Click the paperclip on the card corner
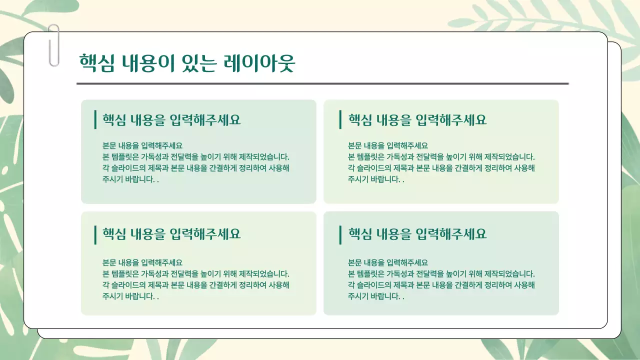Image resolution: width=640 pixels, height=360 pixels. (x=53, y=46)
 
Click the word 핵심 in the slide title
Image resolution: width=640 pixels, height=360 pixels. (x=97, y=63)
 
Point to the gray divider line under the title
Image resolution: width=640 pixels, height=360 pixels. (x=322, y=83)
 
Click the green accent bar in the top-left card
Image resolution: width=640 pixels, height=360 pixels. (x=95, y=119)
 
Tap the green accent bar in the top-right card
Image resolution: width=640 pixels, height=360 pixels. (x=340, y=119)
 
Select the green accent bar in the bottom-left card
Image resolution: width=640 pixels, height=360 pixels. (x=95, y=235)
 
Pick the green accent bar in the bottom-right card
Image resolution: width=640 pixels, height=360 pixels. (x=340, y=235)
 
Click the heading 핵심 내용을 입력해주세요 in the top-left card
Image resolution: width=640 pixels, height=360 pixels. (x=171, y=120)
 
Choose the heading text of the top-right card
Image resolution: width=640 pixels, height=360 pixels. (x=417, y=120)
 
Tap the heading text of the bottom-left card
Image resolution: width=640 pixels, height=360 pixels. (x=171, y=234)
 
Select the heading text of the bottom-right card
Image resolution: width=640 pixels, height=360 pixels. (x=417, y=234)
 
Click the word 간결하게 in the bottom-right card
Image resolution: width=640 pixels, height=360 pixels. (x=468, y=285)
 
